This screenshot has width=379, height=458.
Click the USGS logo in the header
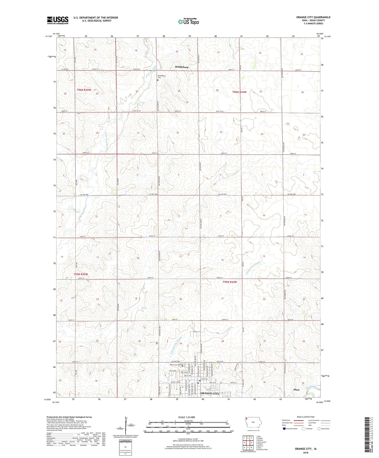[x=58, y=20]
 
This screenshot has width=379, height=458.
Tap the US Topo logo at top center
[x=188, y=21]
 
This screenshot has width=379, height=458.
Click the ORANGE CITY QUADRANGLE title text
[x=313, y=17]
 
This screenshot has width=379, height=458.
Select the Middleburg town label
[x=181, y=67]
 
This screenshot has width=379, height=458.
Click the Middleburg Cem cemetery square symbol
[x=158, y=80]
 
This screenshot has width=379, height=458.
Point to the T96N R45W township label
[x=84, y=90]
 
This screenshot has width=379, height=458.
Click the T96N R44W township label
[x=239, y=92]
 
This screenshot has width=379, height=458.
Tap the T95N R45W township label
[x=81, y=274]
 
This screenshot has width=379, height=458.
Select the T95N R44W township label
[x=230, y=282]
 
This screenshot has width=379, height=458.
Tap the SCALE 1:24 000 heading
[x=188, y=417]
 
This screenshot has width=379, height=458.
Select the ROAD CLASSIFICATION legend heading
[x=306, y=417]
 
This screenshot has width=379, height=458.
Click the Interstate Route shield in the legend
[x=284, y=429]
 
